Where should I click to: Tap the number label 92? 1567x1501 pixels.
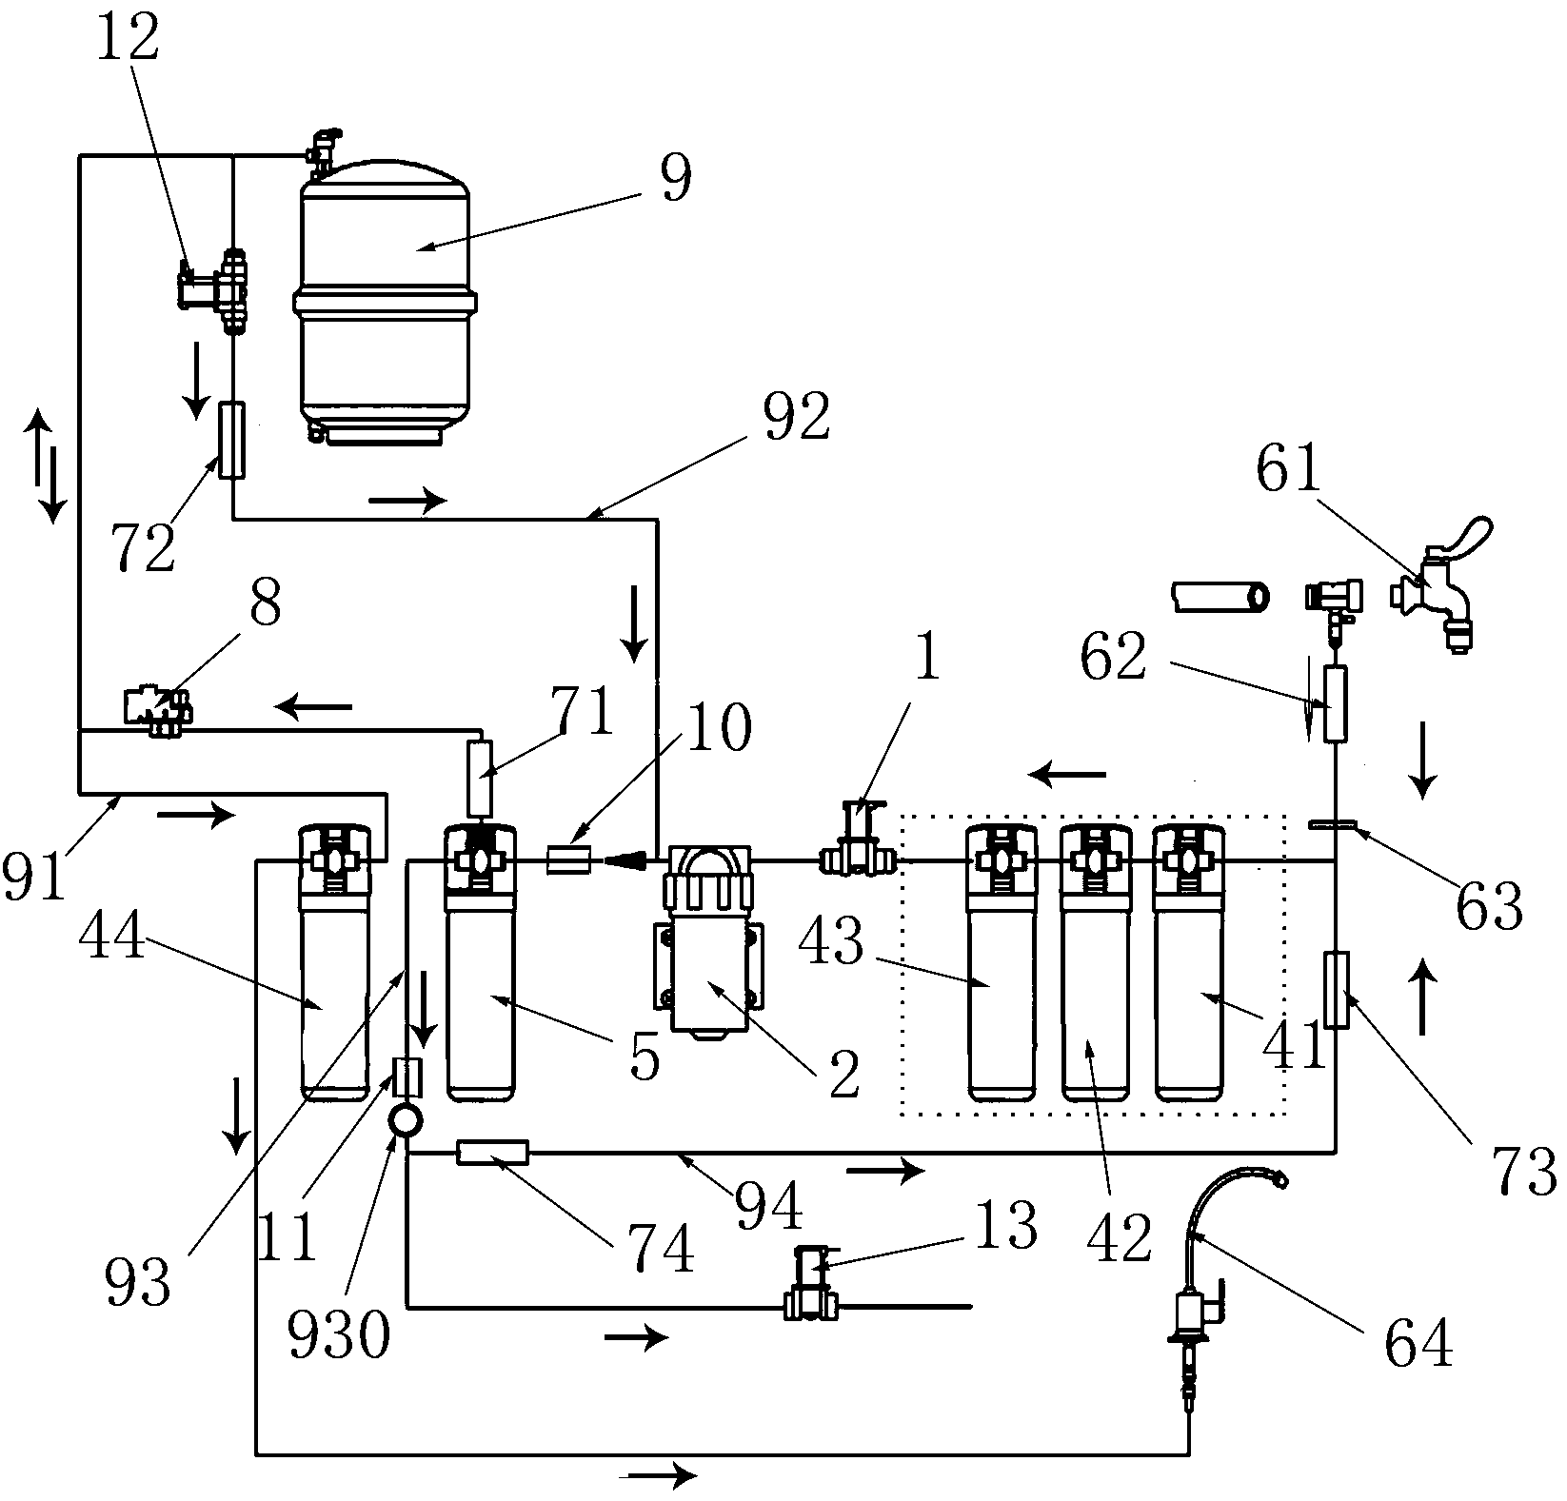pos(797,417)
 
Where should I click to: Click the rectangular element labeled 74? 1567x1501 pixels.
pos(492,1154)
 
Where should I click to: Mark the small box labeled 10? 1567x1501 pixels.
pos(569,862)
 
